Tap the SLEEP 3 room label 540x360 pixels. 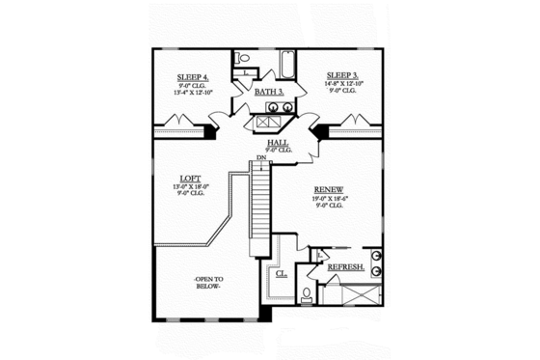(342, 74)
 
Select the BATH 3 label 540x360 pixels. (268, 92)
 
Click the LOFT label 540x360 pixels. (190, 178)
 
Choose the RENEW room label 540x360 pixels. (329, 190)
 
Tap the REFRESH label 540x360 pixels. (345, 267)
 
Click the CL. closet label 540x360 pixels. (282, 273)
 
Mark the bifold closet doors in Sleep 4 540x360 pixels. (176, 122)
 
